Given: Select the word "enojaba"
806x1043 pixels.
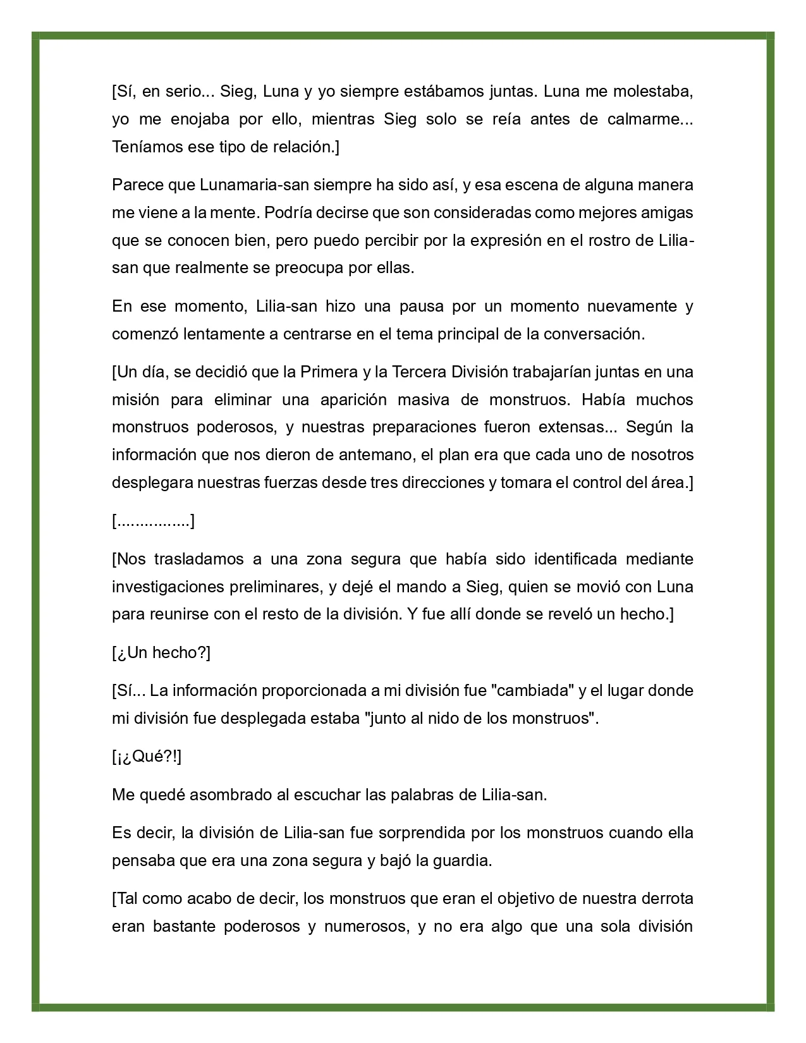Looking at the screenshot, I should tap(195, 119).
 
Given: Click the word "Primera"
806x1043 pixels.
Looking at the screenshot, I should tap(329, 372).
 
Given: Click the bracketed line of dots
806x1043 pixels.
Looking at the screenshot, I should tap(153, 521).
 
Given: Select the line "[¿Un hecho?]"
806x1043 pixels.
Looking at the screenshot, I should tap(161, 653).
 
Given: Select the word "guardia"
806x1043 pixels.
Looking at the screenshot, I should tap(464, 861).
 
